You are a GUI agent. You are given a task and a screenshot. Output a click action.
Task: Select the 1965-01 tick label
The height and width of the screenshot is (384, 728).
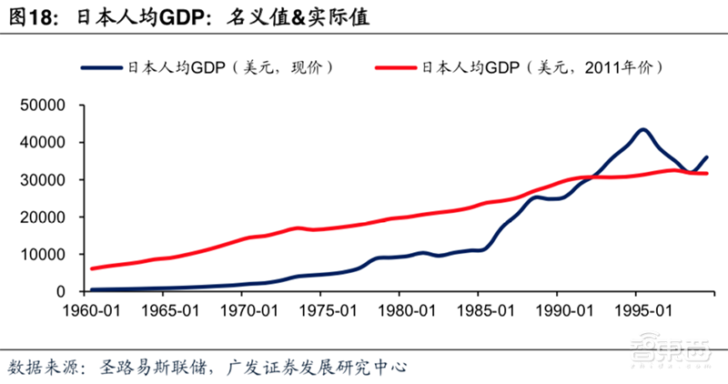click(167, 309)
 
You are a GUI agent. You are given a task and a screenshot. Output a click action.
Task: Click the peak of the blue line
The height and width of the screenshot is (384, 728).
click(642, 129)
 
